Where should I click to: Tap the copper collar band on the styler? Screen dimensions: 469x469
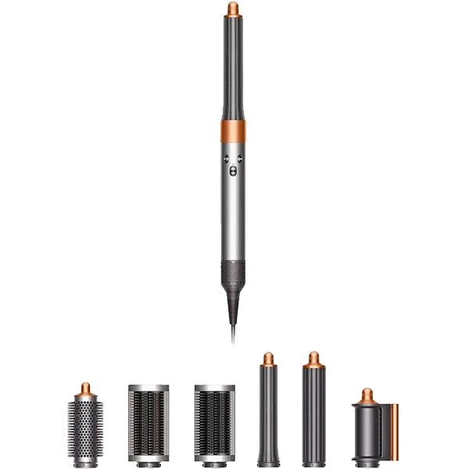pos(234,131)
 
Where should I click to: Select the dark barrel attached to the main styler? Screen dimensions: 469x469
pos(234,70)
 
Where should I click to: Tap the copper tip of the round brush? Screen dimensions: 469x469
pos(84,388)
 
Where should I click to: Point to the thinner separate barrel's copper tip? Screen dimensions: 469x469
pos(268,358)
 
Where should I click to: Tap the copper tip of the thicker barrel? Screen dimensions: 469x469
pos(313,359)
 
